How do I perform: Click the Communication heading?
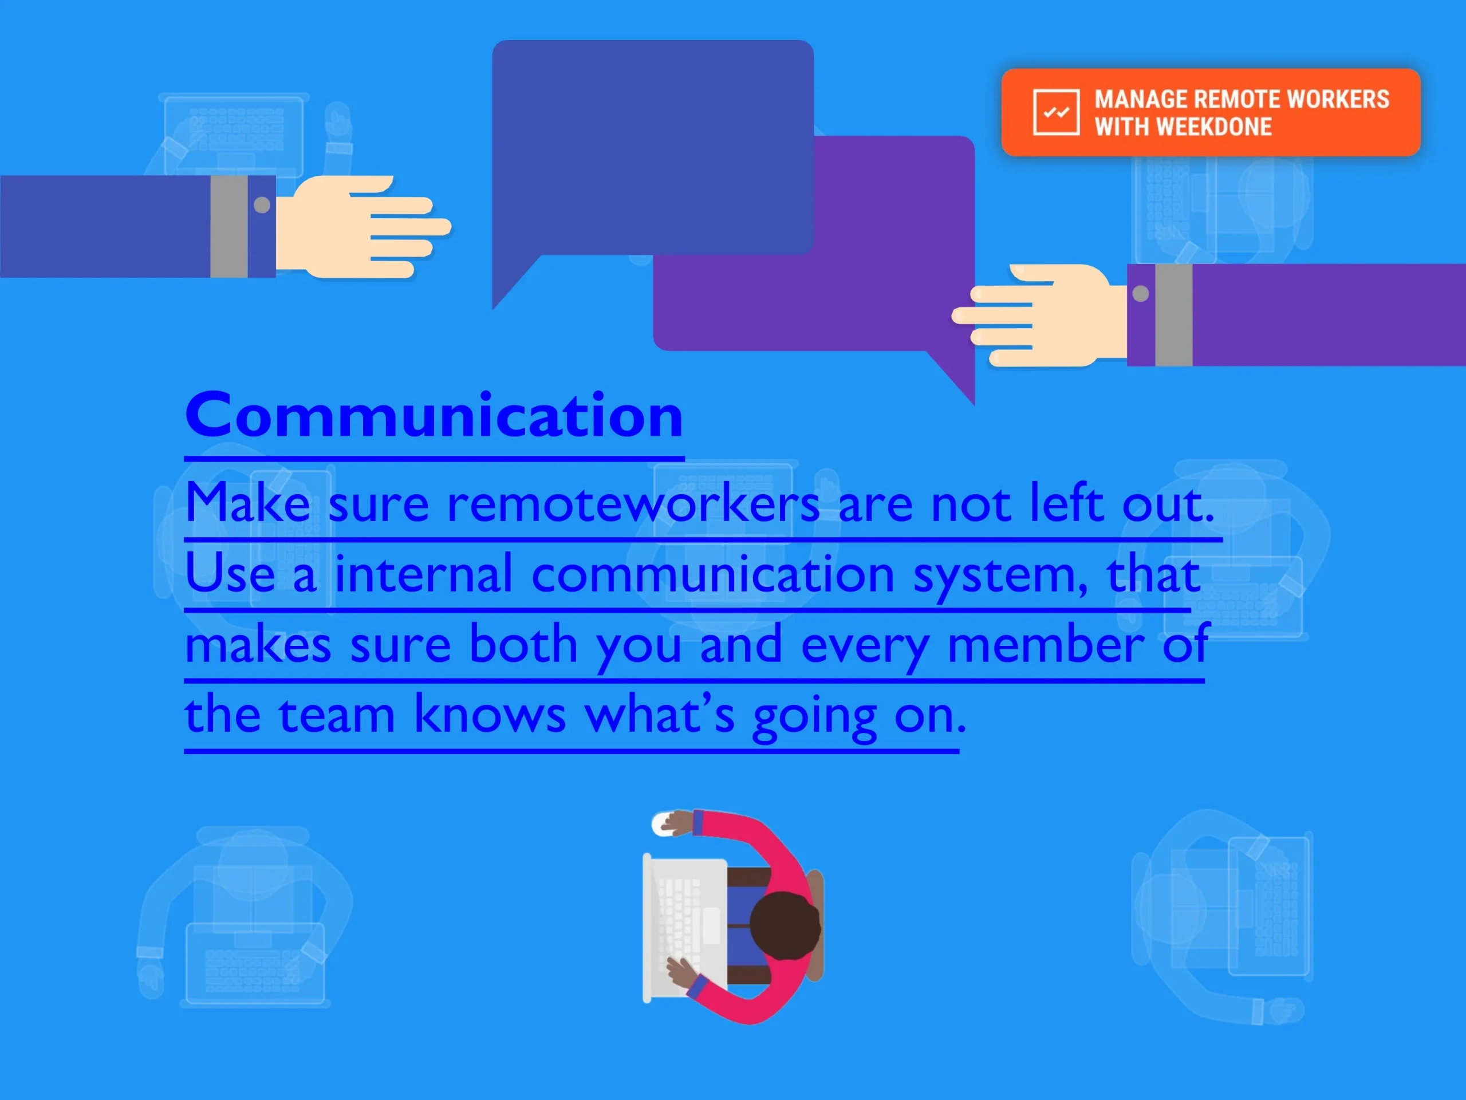pyautogui.click(x=434, y=416)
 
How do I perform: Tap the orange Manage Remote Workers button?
pyautogui.click(x=1211, y=113)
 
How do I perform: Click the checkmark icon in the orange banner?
pyautogui.click(x=1056, y=112)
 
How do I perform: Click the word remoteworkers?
pyautogui.click(x=633, y=503)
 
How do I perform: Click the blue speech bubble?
pyautogui.click(x=653, y=149)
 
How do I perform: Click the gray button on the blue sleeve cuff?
pyautogui.click(x=262, y=206)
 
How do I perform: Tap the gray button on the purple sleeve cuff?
pyautogui.click(x=1141, y=294)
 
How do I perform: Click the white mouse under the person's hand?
pyautogui.click(x=664, y=823)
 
